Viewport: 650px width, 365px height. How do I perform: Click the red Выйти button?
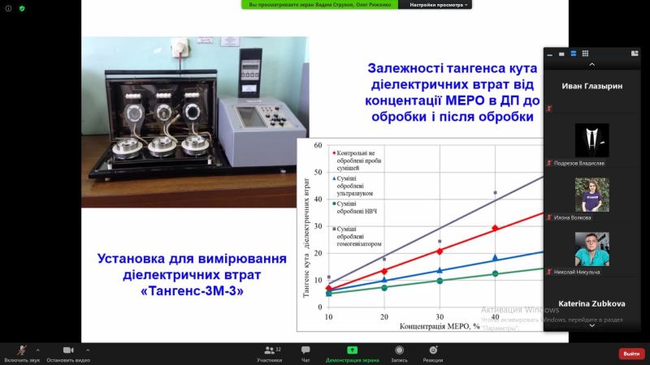(x=631, y=353)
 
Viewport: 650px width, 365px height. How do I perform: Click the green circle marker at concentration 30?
(x=440, y=281)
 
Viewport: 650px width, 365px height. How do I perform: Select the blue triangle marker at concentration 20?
(x=384, y=280)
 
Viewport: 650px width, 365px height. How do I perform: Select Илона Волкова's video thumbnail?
(x=591, y=195)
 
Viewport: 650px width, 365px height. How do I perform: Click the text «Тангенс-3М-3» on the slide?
(x=192, y=290)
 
